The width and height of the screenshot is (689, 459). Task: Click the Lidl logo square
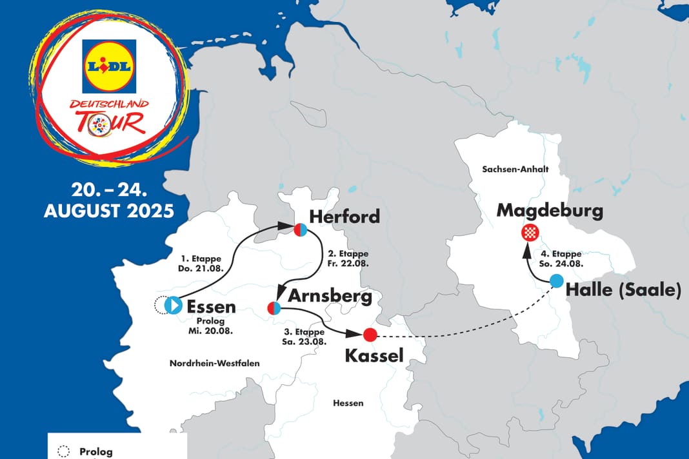pyautogui.click(x=109, y=66)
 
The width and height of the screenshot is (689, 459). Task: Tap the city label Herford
pyautogui.click(x=344, y=217)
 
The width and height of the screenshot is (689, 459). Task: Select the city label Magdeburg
pyautogui.click(x=550, y=211)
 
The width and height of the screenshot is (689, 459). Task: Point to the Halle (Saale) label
pyautogui.click(x=623, y=291)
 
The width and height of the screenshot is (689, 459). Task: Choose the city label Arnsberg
pyautogui.click(x=330, y=296)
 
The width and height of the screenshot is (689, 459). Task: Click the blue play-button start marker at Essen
pyautogui.click(x=173, y=305)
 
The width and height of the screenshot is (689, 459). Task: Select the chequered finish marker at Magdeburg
pyautogui.click(x=530, y=233)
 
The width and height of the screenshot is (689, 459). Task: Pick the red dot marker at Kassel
pyautogui.click(x=370, y=335)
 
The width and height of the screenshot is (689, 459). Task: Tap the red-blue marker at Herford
pyautogui.click(x=300, y=229)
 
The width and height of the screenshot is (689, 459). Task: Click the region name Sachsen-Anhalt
pyautogui.click(x=506, y=169)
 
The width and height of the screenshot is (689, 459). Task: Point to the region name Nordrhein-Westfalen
pyautogui.click(x=215, y=364)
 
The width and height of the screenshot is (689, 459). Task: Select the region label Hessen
pyautogui.click(x=348, y=403)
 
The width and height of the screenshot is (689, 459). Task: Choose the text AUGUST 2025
pyautogui.click(x=108, y=211)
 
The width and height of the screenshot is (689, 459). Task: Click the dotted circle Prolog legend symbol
pyautogui.click(x=63, y=452)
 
